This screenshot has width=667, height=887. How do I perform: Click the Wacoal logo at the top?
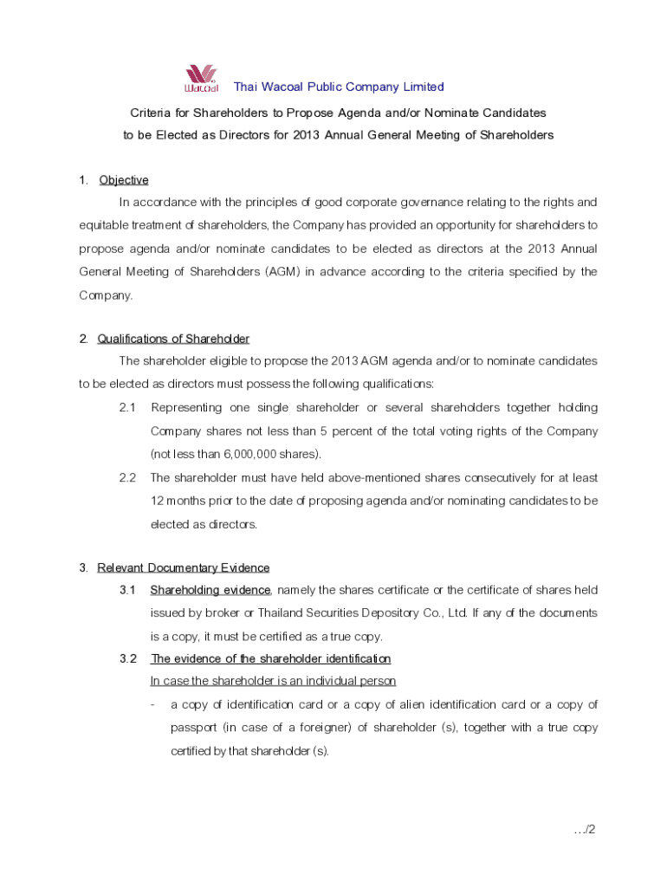200,79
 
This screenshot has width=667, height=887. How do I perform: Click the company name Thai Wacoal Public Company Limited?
339,87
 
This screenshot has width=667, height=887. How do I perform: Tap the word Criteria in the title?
150,113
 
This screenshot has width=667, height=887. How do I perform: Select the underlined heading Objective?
124,180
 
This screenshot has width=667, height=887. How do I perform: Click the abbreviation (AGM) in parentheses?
348,272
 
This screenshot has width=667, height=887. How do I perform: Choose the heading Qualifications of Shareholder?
173,339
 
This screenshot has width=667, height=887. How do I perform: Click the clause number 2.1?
128,408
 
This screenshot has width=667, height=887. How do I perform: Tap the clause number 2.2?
128,477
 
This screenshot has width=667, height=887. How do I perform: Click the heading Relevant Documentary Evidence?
184,568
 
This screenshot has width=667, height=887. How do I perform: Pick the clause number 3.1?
128,591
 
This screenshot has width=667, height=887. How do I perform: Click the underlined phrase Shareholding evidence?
211,591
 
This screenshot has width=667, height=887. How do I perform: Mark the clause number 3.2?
128,659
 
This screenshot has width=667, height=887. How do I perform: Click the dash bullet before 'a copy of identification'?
153,705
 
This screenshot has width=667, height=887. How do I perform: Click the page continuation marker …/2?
585,830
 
